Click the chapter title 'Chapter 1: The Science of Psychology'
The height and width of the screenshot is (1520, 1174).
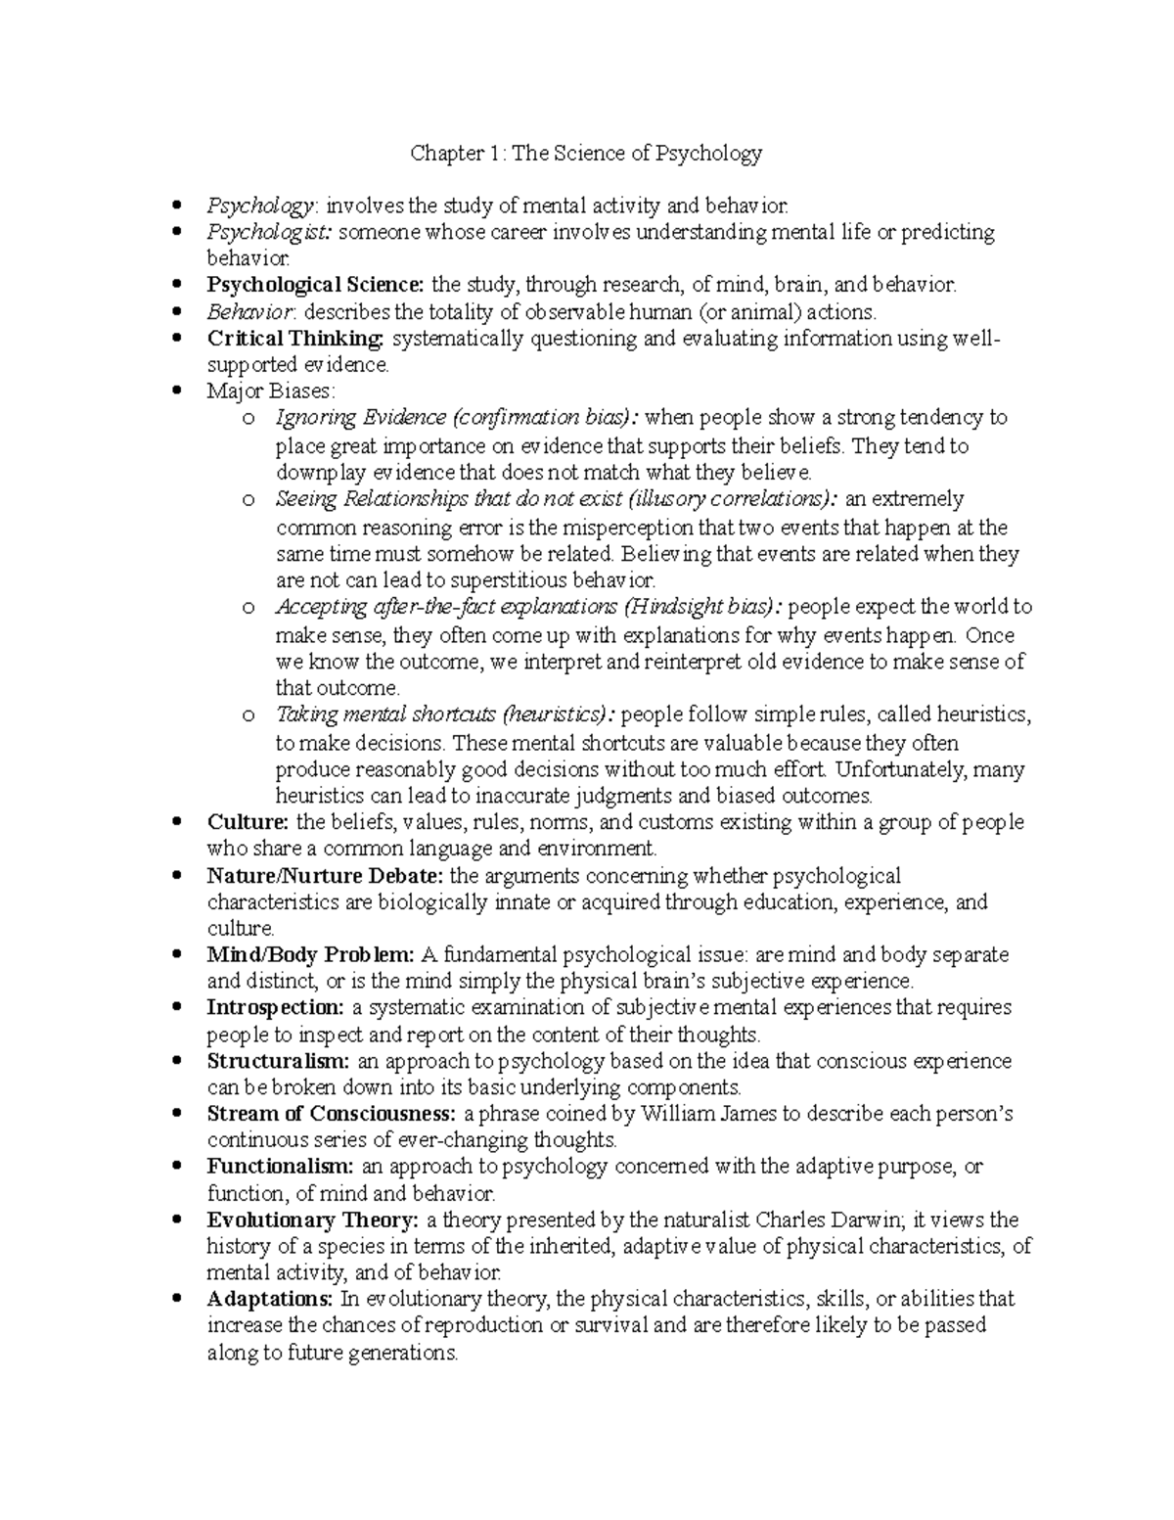coord(585,153)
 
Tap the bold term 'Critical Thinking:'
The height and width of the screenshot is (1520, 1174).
coord(295,339)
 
